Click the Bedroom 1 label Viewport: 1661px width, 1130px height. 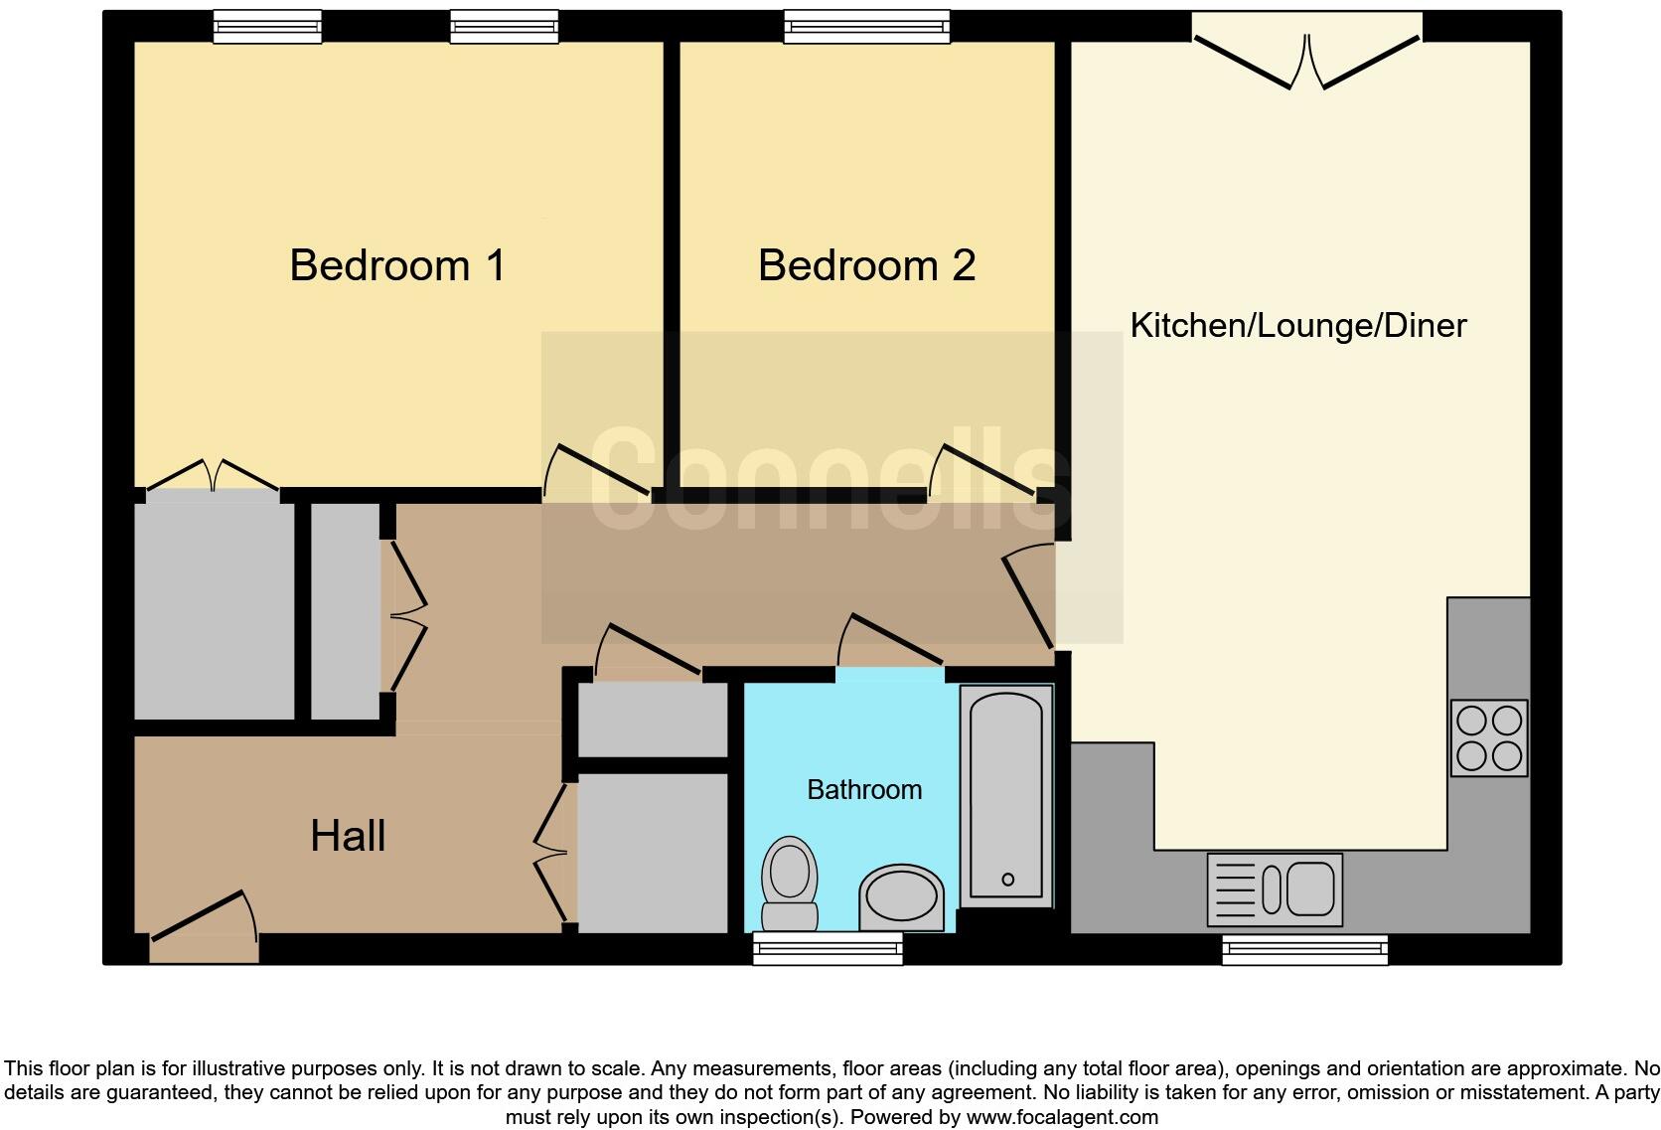click(x=397, y=265)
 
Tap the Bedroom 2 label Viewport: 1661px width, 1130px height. click(x=866, y=265)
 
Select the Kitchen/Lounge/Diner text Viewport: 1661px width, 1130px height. click(x=1297, y=326)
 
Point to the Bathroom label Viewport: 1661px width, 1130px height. click(x=864, y=790)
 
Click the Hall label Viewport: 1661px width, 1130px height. click(x=348, y=836)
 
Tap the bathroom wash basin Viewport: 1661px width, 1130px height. click(x=901, y=898)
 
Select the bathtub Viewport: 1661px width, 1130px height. click(x=1006, y=796)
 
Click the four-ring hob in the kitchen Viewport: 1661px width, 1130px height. click(x=1488, y=738)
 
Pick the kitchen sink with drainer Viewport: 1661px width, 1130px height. click(x=1275, y=888)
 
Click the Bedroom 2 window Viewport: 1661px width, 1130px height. click(x=866, y=27)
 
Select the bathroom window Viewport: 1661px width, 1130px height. click(x=828, y=948)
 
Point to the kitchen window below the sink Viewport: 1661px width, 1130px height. click(x=1304, y=950)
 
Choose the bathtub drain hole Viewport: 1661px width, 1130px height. click(x=1007, y=879)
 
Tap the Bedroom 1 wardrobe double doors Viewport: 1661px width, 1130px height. click(x=212, y=474)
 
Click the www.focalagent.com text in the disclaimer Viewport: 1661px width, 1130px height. click(x=1061, y=1117)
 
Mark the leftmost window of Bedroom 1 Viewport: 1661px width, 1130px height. click(x=267, y=27)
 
